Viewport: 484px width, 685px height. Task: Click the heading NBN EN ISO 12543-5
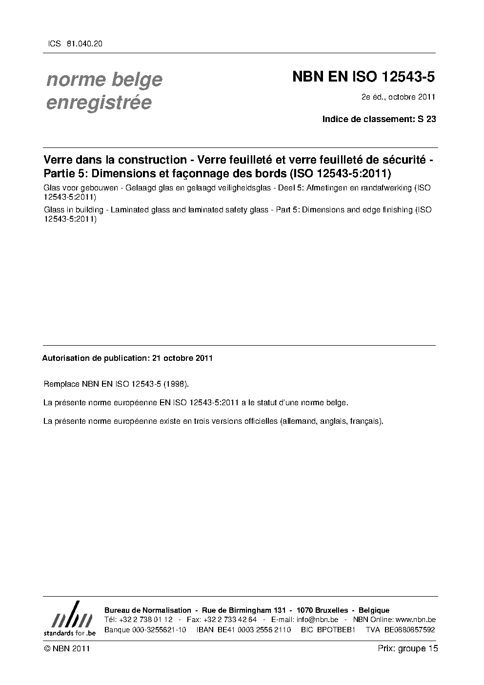pos(363,77)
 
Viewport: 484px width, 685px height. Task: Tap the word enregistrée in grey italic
pos(99,103)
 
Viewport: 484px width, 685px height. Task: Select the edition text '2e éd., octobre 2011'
pos(398,97)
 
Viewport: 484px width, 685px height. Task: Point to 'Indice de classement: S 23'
pos(379,119)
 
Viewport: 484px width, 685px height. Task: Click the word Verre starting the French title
pos(58,160)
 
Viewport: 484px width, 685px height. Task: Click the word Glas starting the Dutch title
pos(52,188)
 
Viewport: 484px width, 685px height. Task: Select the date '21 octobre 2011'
pos(182,358)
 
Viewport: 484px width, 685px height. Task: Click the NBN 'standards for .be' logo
pos(70,619)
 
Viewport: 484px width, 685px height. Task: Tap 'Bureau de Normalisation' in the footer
pos(148,610)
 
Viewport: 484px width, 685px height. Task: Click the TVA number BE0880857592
pos(409,630)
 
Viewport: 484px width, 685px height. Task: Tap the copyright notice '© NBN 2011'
pos(66,648)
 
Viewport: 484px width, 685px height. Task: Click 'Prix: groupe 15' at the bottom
pos(408,648)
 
